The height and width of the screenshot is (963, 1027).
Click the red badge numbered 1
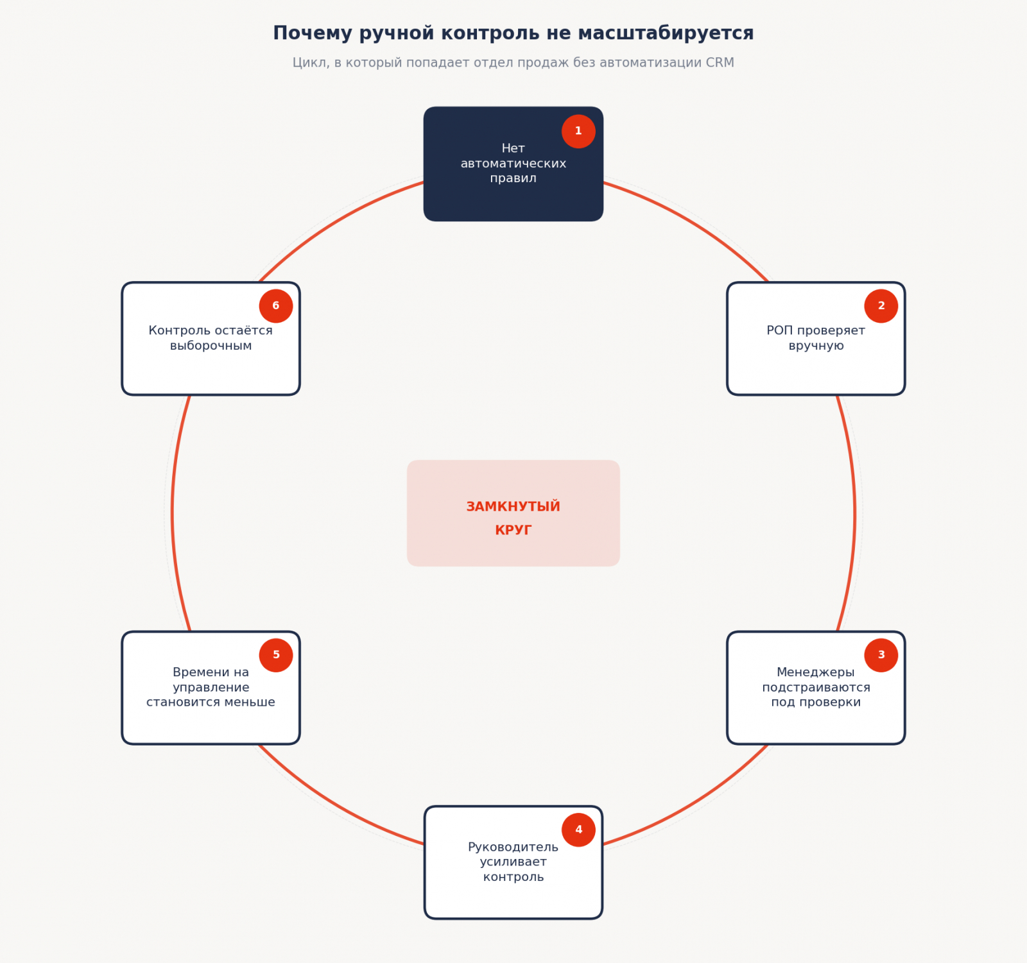(578, 132)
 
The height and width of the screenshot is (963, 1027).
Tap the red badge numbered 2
(881, 306)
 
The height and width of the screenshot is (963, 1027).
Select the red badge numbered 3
(881, 655)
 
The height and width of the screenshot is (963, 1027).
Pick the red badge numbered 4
(578, 830)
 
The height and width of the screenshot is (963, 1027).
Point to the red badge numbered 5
(276, 655)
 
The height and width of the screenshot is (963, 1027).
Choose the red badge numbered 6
(276, 306)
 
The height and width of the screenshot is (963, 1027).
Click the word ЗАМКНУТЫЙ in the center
(513, 507)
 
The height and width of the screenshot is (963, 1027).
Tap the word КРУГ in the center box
(513, 530)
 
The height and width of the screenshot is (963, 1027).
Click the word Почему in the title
(313, 33)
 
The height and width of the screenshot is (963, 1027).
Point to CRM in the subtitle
(720, 63)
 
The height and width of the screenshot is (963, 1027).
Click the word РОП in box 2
(780, 330)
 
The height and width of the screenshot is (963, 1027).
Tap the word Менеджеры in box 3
(816, 672)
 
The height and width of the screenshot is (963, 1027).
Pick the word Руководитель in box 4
(513, 848)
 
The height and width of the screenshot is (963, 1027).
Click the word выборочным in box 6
(211, 346)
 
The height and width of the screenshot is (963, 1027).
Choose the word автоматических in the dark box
(513, 164)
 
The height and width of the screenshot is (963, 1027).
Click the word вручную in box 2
(816, 346)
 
